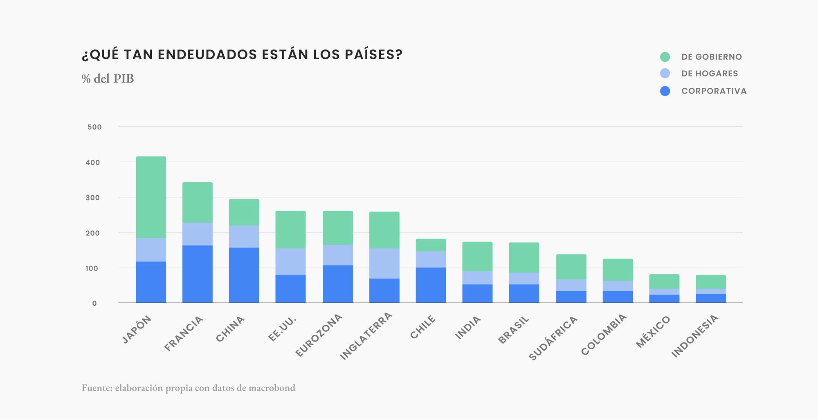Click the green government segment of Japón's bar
[x=151, y=197]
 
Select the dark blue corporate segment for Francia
[x=198, y=274]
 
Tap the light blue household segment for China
[x=244, y=237]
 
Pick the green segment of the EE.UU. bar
[x=290, y=230]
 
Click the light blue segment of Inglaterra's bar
[x=384, y=264]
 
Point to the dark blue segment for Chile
[x=431, y=285]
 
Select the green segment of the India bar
[x=477, y=257]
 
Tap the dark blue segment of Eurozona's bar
[x=338, y=284]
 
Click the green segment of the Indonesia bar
[x=711, y=282]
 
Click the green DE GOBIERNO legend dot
[x=665, y=57]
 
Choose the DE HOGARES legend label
[x=710, y=74]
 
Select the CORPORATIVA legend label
[x=714, y=91]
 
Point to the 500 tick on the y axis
[x=94, y=127]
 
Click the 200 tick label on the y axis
[x=93, y=233]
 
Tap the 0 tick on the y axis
[x=94, y=304]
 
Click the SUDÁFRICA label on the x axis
[x=553, y=338]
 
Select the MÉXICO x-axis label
[x=653, y=332]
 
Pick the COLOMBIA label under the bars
[x=603, y=335]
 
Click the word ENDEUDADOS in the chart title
[x=208, y=55]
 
